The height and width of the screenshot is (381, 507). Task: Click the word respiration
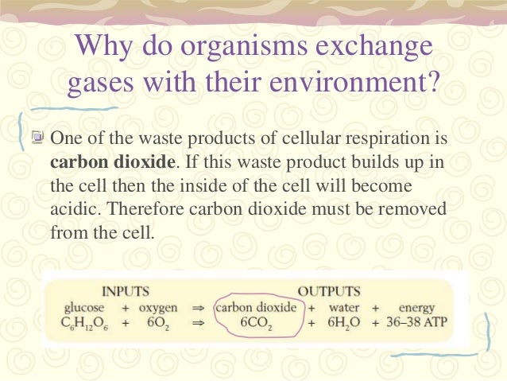click(390, 137)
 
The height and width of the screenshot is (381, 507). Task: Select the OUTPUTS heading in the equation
click(330, 291)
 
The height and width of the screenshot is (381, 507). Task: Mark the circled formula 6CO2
click(260, 324)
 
